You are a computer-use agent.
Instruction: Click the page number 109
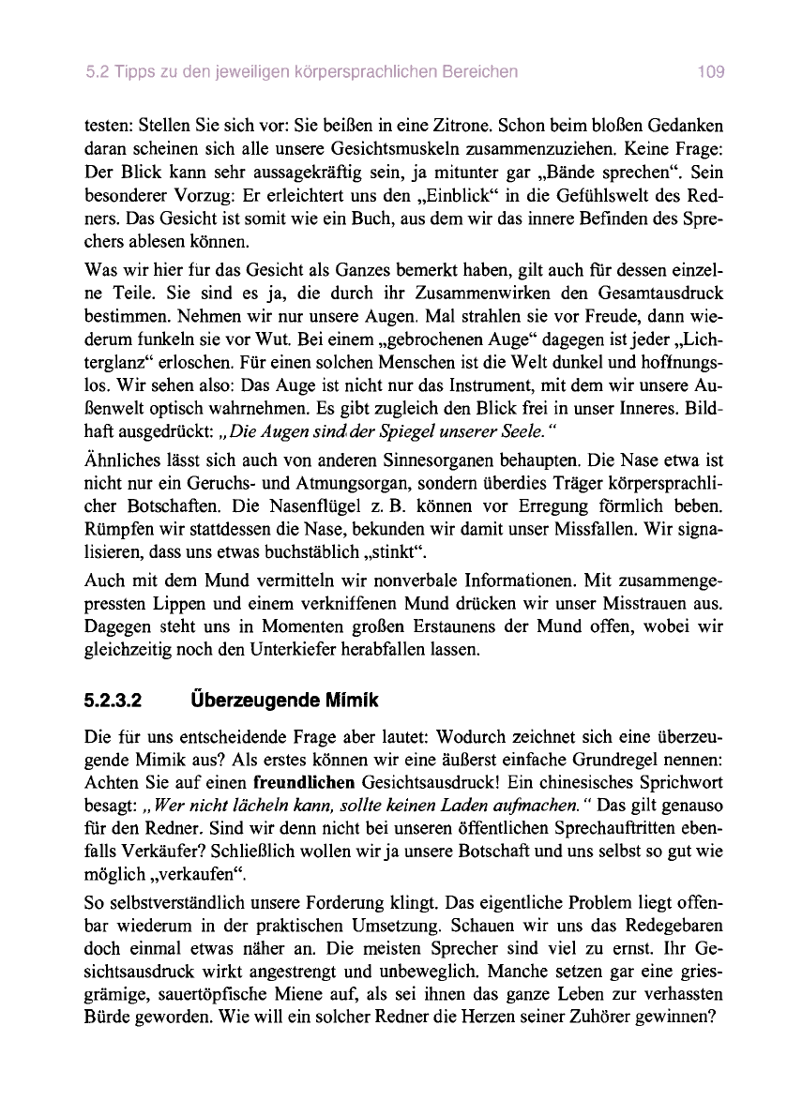[x=711, y=71]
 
